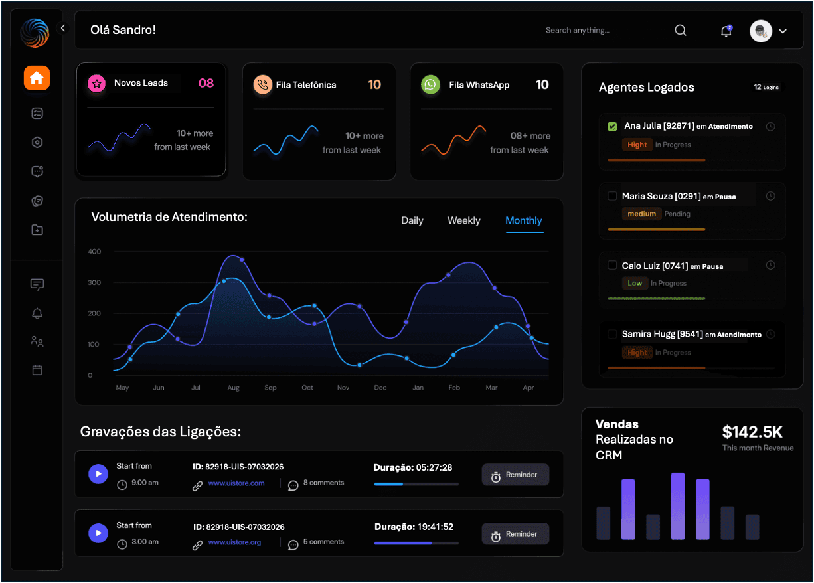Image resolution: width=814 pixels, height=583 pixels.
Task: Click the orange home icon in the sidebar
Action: [37, 78]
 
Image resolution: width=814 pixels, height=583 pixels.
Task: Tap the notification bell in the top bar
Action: [726, 31]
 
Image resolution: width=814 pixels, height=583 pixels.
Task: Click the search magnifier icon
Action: [681, 30]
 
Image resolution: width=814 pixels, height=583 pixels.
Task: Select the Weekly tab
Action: [463, 220]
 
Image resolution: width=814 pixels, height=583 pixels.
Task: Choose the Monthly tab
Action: [524, 220]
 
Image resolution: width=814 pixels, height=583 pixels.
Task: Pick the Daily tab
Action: [412, 220]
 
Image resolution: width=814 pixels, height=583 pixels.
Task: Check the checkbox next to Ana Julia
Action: [612, 126]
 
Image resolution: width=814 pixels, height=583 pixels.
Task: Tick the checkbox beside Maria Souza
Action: [612, 196]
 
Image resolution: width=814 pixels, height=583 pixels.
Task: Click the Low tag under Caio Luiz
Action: [635, 283]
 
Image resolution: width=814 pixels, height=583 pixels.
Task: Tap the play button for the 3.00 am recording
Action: [98, 533]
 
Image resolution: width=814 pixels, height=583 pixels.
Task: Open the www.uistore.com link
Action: [236, 483]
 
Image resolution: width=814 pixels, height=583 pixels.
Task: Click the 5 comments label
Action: [323, 542]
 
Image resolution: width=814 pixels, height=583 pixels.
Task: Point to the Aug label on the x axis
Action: [233, 388]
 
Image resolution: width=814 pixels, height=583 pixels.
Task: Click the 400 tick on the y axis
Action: [94, 252]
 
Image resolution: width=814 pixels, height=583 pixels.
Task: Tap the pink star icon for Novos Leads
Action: [97, 84]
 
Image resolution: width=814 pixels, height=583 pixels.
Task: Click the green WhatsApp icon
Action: [431, 85]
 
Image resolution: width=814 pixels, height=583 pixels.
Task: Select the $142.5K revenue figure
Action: [752, 432]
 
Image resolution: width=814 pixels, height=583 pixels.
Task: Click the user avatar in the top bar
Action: [760, 31]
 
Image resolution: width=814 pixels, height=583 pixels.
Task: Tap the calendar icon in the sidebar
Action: [37, 370]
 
